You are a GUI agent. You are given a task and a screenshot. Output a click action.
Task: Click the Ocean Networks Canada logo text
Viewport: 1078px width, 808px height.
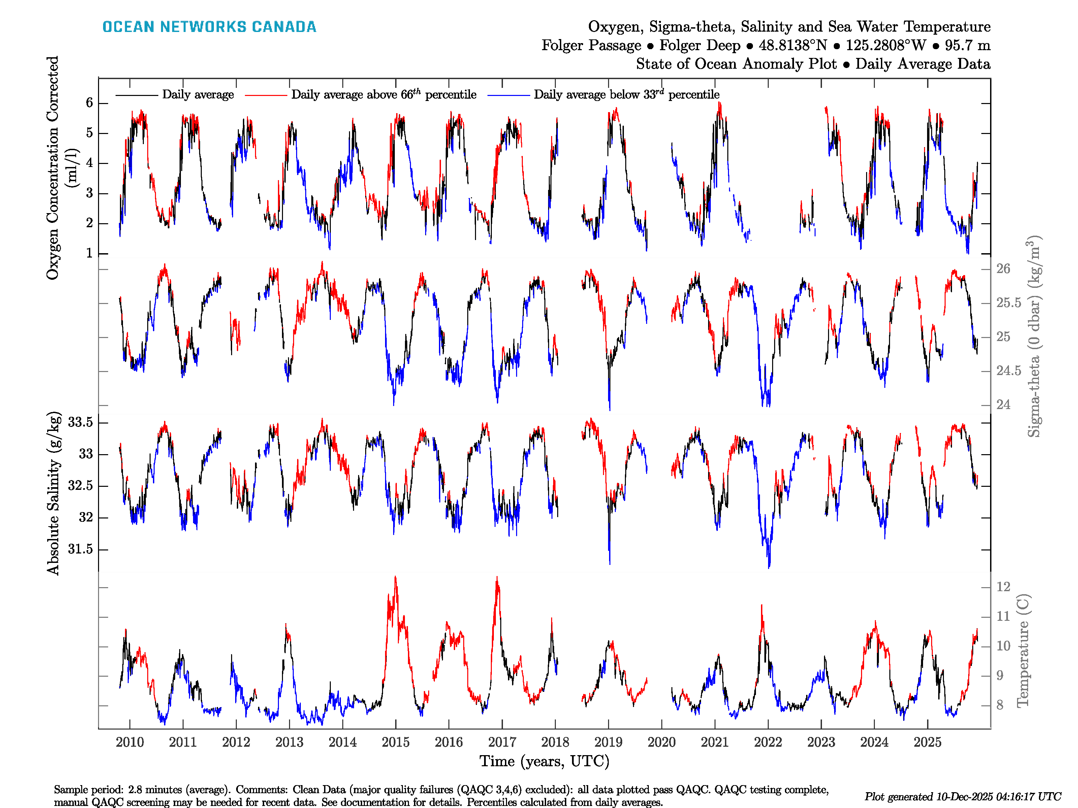pos(209,27)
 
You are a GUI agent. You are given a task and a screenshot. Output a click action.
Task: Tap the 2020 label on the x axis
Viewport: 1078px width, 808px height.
pos(661,742)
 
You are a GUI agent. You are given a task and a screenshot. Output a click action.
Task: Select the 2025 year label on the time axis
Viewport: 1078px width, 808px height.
pos(927,742)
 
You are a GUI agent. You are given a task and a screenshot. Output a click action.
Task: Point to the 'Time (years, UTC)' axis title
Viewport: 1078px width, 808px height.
pos(544,761)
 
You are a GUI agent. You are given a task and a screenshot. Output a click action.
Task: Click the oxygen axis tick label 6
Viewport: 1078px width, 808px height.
pos(89,103)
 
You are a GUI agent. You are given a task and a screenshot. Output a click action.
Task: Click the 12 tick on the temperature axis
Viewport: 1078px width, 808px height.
pos(1003,587)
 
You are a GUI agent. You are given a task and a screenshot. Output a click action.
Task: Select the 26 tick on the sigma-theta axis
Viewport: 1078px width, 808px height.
pos(1003,269)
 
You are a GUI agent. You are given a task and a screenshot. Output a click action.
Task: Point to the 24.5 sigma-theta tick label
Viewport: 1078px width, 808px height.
pos(1008,371)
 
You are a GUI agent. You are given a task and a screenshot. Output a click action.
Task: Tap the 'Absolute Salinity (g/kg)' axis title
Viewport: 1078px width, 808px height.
pos(54,493)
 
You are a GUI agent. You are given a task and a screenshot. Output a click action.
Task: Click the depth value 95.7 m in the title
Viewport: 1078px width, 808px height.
pos(968,45)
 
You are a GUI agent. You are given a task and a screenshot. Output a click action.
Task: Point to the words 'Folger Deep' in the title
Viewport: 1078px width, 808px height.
pos(699,45)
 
